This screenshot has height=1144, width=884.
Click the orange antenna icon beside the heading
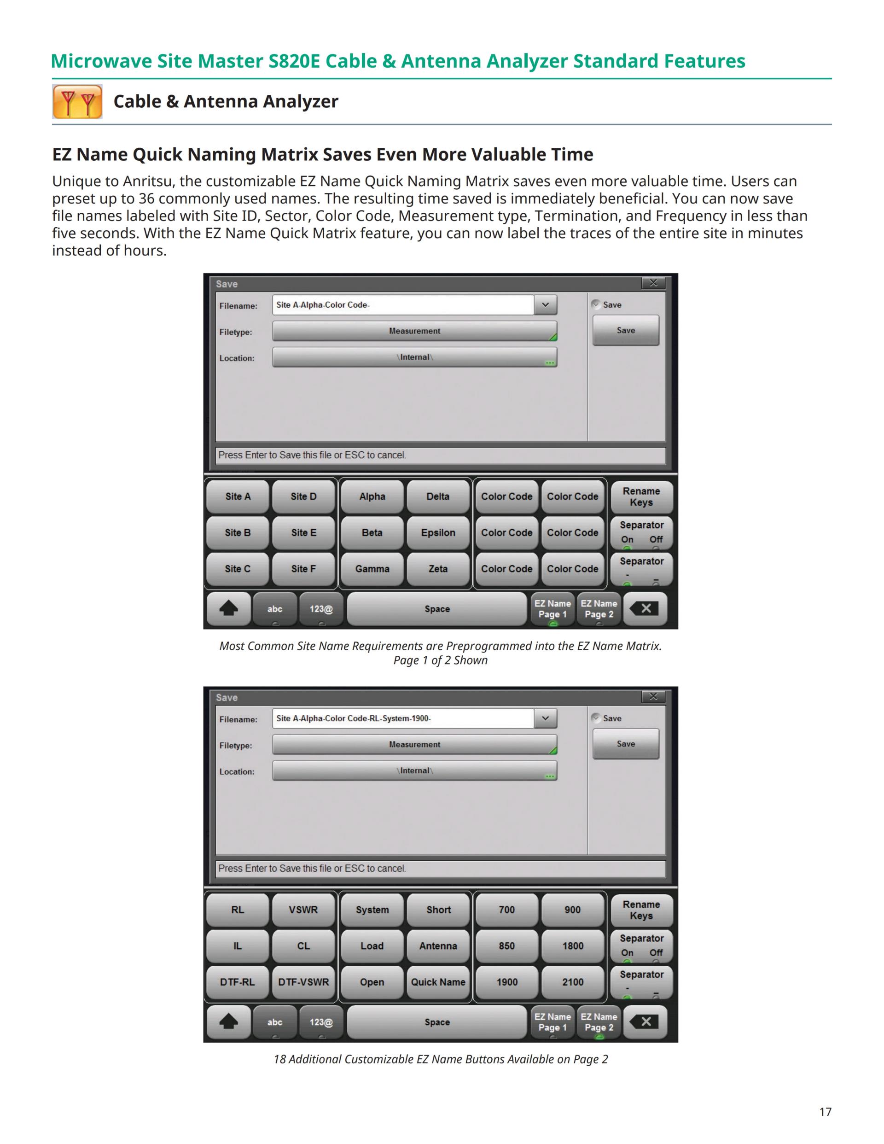pyautogui.click(x=77, y=102)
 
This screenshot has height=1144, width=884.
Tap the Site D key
pyautogui.click(x=303, y=496)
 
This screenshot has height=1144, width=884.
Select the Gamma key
pyautogui.click(x=372, y=569)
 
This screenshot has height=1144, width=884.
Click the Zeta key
pyautogui.click(x=438, y=569)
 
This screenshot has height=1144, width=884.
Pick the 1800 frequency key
pyautogui.click(x=572, y=946)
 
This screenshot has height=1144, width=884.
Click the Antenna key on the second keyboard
pyautogui.click(x=438, y=946)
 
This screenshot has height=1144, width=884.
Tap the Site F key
pyautogui.click(x=303, y=569)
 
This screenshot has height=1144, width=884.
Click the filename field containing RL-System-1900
pyautogui.click(x=403, y=718)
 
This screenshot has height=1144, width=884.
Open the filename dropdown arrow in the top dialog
pyautogui.click(x=545, y=305)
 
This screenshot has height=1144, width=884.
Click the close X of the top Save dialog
pyautogui.click(x=653, y=283)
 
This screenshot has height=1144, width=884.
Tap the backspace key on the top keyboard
pyautogui.click(x=646, y=609)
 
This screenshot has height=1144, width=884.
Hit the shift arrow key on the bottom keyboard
pyautogui.click(x=228, y=1022)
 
